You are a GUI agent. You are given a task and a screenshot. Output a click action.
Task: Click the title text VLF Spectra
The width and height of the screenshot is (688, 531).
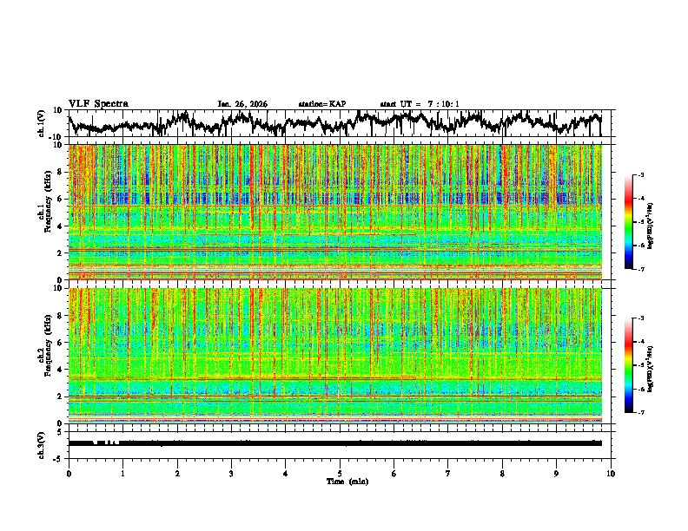click(x=98, y=103)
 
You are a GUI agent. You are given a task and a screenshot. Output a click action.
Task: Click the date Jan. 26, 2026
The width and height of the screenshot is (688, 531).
click(x=242, y=104)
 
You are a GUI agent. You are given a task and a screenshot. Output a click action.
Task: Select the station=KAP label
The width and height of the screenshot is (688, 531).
click(x=321, y=104)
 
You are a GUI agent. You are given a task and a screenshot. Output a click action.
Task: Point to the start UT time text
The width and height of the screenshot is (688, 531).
click(x=420, y=104)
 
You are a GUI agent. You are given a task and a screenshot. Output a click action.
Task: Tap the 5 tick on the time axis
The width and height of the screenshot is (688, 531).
click(x=340, y=473)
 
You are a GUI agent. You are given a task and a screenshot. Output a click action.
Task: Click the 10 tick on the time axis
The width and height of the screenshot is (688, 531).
click(x=611, y=473)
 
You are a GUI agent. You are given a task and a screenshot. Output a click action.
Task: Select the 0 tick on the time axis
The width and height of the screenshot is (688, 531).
click(x=69, y=473)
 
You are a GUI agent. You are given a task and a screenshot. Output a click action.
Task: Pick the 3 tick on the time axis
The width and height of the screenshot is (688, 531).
click(x=231, y=473)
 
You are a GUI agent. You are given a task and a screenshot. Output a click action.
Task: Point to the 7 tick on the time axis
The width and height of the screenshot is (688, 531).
click(x=448, y=473)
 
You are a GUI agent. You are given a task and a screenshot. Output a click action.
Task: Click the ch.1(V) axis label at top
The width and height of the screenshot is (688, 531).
click(x=43, y=123)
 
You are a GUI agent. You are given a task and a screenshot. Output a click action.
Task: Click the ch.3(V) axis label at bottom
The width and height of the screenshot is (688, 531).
click(x=43, y=442)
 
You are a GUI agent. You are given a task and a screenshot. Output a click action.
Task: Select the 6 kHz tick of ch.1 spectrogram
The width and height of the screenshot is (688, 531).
click(x=60, y=200)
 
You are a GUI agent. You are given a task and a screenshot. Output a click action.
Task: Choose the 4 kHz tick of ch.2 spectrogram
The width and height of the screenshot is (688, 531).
click(x=60, y=370)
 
